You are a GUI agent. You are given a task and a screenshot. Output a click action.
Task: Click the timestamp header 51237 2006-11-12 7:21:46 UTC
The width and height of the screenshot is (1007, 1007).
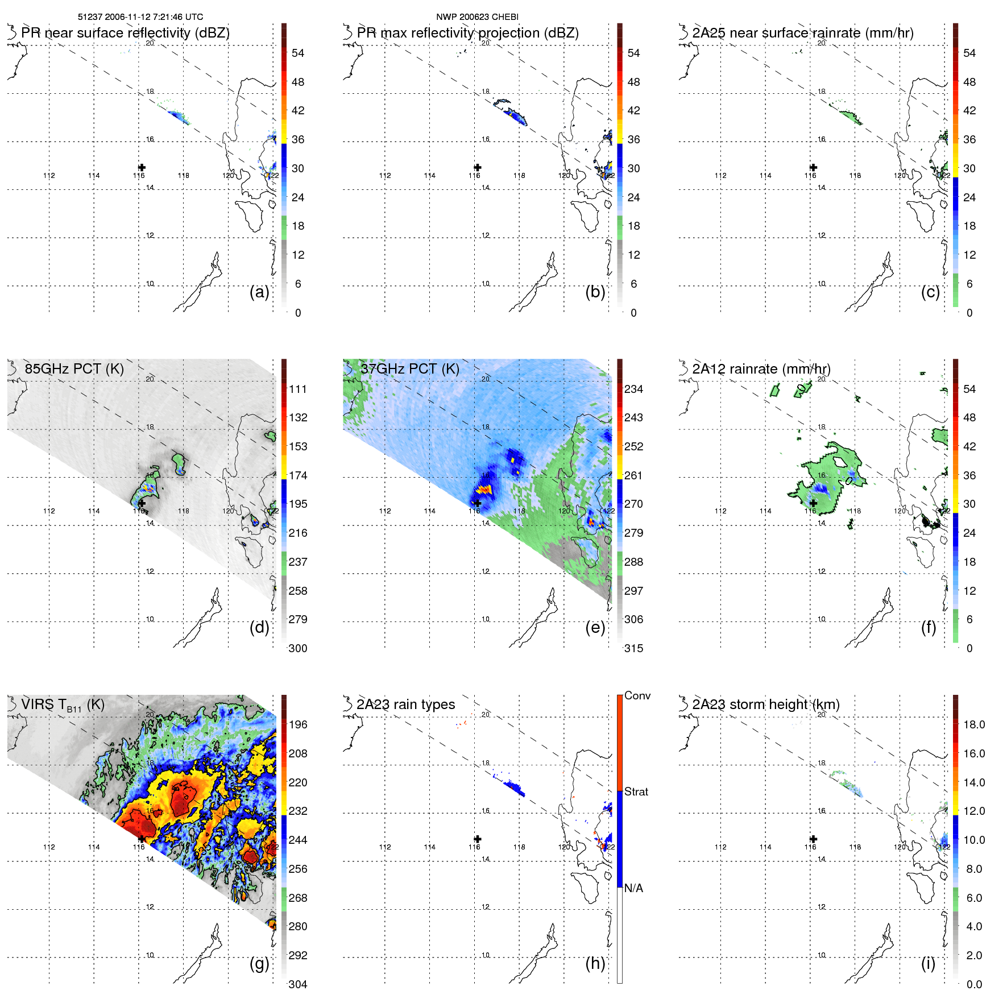click(x=140, y=17)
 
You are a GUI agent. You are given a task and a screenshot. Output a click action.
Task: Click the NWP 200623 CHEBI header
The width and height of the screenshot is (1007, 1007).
click(x=477, y=17)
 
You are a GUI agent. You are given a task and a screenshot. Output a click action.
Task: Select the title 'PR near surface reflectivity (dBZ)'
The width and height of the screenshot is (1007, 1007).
click(x=125, y=33)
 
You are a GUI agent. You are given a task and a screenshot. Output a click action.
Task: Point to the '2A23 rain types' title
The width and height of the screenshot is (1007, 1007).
click(x=405, y=705)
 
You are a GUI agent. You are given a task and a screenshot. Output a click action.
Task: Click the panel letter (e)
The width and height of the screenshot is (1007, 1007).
click(x=595, y=627)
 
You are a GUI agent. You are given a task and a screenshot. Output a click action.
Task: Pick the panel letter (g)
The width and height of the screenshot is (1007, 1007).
click(x=259, y=963)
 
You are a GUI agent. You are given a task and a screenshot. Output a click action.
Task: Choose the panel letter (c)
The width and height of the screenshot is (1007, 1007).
click(x=930, y=292)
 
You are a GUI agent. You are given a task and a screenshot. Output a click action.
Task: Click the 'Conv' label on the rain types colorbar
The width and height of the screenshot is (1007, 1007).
click(x=637, y=695)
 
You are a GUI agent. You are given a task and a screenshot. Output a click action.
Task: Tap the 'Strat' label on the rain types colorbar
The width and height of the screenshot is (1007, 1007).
click(x=636, y=791)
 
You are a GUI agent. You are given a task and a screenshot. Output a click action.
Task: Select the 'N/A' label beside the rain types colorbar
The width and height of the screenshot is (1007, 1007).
click(x=633, y=888)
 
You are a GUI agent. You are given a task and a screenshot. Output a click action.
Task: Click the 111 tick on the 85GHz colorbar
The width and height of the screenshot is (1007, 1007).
click(x=298, y=389)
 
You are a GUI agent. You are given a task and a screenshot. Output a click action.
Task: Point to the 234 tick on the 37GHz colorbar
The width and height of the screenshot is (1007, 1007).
click(x=633, y=389)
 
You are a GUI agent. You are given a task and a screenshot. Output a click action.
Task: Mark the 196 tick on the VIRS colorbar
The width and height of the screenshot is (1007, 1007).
click(x=298, y=724)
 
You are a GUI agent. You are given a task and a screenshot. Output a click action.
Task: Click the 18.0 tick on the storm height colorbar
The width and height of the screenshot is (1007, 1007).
click(x=973, y=724)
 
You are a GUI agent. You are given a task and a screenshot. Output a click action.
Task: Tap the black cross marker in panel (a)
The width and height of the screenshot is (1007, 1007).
click(x=142, y=167)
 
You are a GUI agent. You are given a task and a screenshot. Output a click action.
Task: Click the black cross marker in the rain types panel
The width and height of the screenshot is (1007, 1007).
click(x=478, y=839)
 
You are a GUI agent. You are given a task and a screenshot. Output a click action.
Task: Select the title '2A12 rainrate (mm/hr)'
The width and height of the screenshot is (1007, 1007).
click(x=761, y=369)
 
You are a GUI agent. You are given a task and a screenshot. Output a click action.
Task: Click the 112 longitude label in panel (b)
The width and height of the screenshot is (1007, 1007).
click(x=385, y=176)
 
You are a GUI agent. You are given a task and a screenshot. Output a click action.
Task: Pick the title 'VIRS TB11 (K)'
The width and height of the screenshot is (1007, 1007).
click(x=63, y=705)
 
